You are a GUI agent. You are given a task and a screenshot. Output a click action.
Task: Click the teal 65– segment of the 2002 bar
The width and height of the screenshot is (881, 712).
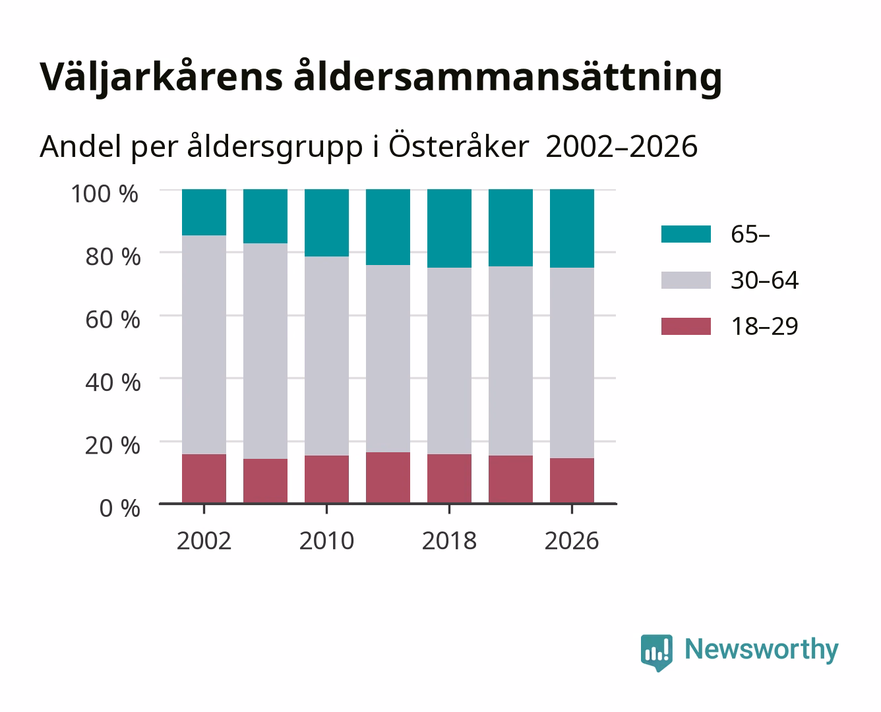click(x=204, y=212)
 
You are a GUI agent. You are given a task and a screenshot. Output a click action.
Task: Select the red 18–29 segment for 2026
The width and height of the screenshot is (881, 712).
click(x=572, y=481)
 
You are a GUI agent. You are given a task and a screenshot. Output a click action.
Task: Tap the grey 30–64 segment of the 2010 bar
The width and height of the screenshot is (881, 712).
click(x=326, y=356)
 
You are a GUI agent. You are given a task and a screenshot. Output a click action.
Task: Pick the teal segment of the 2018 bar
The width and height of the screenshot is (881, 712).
click(x=449, y=229)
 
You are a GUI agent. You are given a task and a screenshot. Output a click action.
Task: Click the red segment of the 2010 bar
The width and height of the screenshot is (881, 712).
click(x=326, y=479)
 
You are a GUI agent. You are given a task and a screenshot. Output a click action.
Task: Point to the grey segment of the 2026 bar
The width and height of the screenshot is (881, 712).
click(x=572, y=363)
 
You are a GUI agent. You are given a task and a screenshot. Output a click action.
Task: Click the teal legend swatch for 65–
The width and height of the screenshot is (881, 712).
click(x=686, y=234)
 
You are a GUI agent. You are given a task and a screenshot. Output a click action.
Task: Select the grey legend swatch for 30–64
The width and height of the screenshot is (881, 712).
click(x=686, y=280)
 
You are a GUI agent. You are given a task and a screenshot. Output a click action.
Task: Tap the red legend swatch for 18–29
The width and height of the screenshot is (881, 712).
click(x=686, y=326)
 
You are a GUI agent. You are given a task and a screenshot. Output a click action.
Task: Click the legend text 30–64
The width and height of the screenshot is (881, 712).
click(x=764, y=280)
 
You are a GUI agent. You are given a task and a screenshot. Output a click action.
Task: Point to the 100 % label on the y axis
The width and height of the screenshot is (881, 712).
click(x=105, y=194)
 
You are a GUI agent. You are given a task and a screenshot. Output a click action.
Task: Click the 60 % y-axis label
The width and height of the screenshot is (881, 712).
click(x=113, y=320)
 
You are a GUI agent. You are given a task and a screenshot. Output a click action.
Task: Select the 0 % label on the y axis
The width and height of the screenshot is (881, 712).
click(x=119, y=508)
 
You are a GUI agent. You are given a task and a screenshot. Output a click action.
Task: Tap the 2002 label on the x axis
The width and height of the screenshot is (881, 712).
click(x=204, y=541)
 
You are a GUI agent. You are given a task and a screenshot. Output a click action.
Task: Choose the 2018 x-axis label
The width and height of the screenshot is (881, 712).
click(x=449, y=541)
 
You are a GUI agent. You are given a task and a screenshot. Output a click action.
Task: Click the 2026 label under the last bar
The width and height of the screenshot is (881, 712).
click(x=572, y=541)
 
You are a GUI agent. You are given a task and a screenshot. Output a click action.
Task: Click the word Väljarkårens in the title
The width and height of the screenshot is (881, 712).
click(x=162, y=77)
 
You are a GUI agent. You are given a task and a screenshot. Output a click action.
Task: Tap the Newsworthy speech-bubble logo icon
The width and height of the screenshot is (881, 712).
click(x=656, y=653)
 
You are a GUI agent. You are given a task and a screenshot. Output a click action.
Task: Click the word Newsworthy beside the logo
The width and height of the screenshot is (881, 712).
click(x=762, y=650)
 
